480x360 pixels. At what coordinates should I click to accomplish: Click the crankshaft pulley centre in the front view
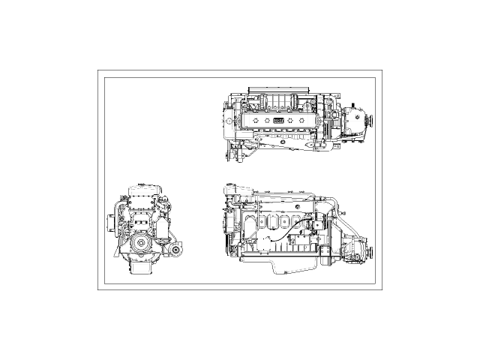click(x=142, y=245)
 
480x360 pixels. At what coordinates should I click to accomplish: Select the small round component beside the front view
click(x=176, y=249)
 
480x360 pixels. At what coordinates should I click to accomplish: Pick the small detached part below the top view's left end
click(x=233, y=155)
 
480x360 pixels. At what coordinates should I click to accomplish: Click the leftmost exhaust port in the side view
click(x=260, y=222)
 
